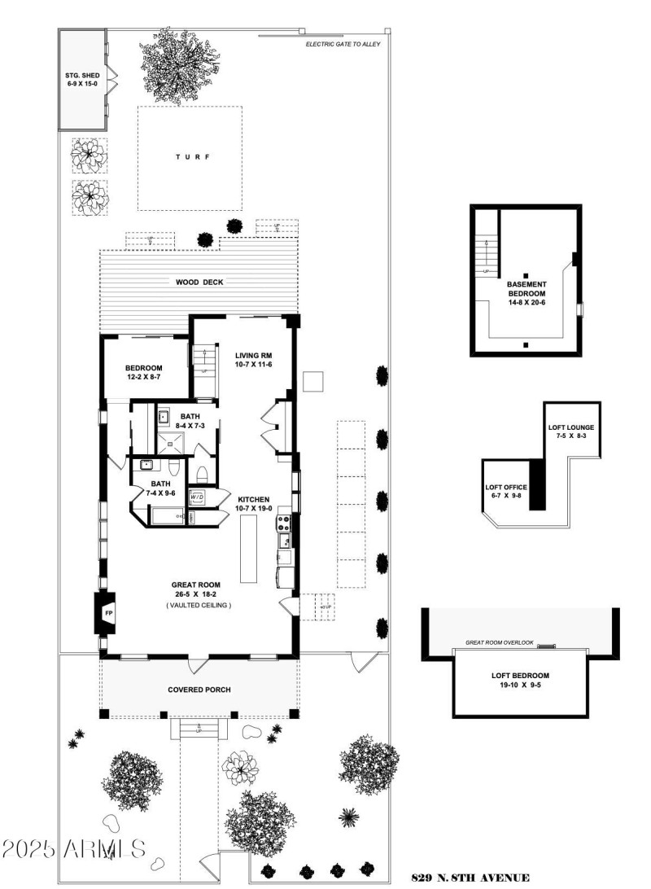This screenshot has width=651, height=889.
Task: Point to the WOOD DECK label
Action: tap(199, 282)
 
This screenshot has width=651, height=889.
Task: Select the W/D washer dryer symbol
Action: tap(197, 496)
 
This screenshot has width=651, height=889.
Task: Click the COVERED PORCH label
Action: tap(199, 690)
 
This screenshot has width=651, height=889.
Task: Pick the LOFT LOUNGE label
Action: tap(570, 431)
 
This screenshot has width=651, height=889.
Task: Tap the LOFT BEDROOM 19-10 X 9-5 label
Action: tap(520, 680)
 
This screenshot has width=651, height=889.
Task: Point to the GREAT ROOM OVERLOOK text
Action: tap(500, 642)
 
